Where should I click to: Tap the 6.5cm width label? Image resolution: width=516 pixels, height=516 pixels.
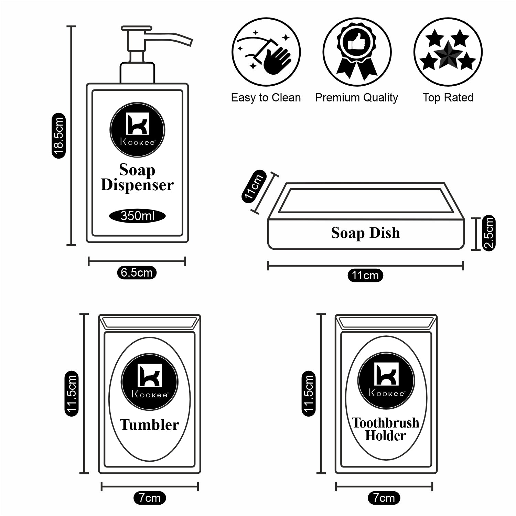pyautogui.click(x=137, y=272)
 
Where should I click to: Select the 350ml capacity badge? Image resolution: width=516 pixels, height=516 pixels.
pyautogui.click(x=137, y=216)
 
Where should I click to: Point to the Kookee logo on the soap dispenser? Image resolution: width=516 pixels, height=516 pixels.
pyautogui.click(x=137, y=130)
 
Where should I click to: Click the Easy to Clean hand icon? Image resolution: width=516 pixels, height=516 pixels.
pyautogui.click(x=266, y=52)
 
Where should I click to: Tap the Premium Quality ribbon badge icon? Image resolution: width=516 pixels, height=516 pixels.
pyautogui.click(x=357, y=52)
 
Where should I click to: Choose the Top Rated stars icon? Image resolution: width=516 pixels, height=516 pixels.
pyautogui.click(x=448, y=52)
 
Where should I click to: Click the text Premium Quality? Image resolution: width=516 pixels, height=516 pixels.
pyautogui.click(x=356, y=98)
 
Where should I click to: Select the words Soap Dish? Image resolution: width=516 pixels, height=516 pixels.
pyautogui.click(x=365, y=233)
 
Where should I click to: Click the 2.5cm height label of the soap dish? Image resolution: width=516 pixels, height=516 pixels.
pyautogui.click(x=489, y=233)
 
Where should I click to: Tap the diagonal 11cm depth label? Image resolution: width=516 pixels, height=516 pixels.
pyautogui.click(x=254, y=187)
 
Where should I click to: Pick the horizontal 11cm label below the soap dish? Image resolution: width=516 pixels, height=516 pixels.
pyautogui.click(x=365, y=276)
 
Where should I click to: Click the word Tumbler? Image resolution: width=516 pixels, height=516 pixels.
pyautogui.click(x=149, y=425)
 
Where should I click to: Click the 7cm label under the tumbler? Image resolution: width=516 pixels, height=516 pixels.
pyautogui.click(x=150, y=498)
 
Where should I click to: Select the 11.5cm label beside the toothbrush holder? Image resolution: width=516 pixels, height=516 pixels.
pyautogui.click(x=308, y=394)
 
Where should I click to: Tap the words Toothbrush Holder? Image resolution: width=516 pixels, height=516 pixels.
pyautogui.click(x=385, y=429)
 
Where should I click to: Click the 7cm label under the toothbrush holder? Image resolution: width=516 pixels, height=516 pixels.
pyautogui.click(x=384, y=498)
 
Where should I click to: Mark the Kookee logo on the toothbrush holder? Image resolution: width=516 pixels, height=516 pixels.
pyautogui.click(x=386, y=380)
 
